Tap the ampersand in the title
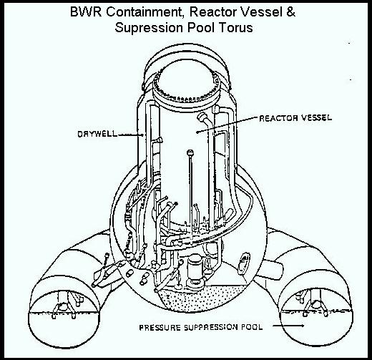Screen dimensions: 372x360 (x=290, y=11)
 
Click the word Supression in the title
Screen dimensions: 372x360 (x=150, y=28)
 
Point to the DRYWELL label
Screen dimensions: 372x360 (x=97, y=134)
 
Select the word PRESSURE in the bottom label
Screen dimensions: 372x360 (x=160, y=327)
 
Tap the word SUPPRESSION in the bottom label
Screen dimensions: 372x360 (x=211, y=327)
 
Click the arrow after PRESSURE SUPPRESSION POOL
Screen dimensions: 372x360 (x=289, y=326)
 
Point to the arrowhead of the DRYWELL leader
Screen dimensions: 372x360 (x=142, y=135)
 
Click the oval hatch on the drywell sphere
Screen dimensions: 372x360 (x=244, y=262)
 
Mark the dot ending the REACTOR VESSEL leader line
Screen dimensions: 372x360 (x=197, y=132)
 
